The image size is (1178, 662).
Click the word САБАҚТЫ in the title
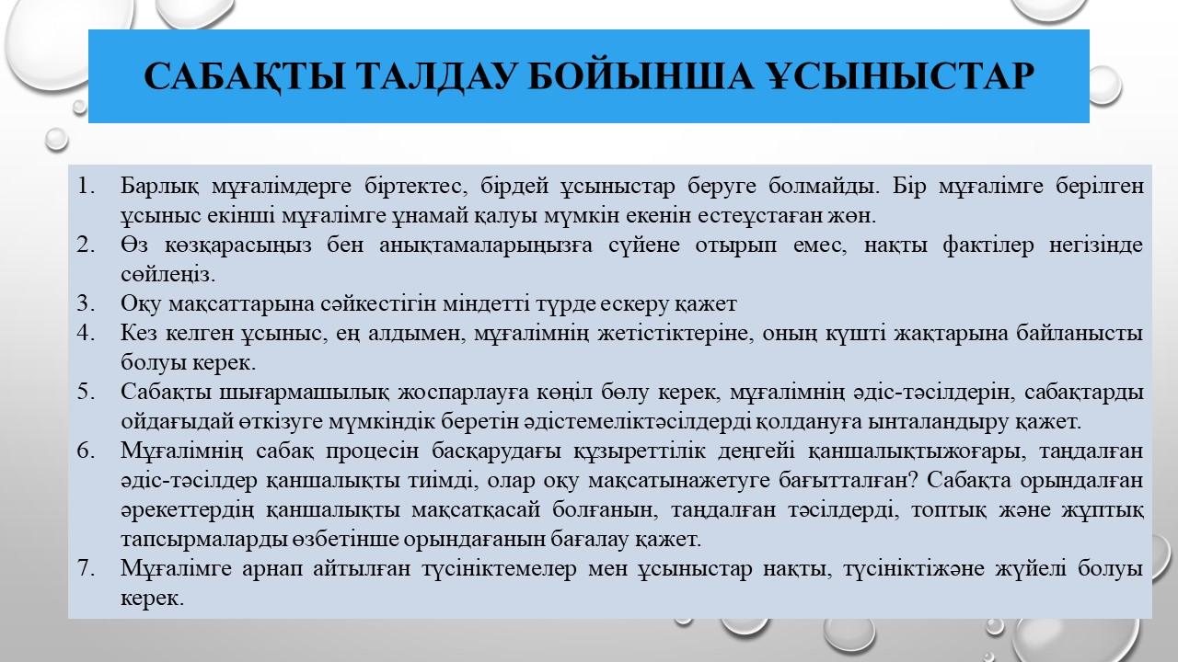pyautogui.click(x=244, y=76)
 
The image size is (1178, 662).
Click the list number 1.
pyautogui.click(x=86, y=186)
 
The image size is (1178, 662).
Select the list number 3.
pyautogui.click(x=86, y=303)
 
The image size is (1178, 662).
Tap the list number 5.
pyautogui.click(x=86, y=392)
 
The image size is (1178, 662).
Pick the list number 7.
pyautogui.click(x=86, y=568)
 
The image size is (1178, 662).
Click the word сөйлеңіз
pyautogui.click(x=168, y=275)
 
